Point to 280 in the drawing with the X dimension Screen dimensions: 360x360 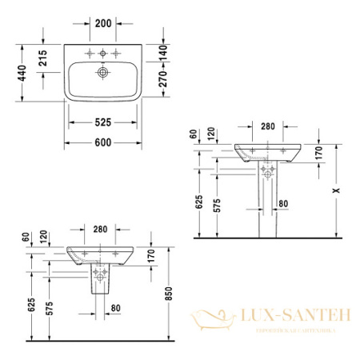coord(267,126)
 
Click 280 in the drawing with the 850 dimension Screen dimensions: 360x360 coord(100,230)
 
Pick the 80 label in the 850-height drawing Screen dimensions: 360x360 coord(117,307)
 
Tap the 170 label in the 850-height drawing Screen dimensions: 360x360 coord(150,257)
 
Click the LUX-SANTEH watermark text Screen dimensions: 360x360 coord(302,316)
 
